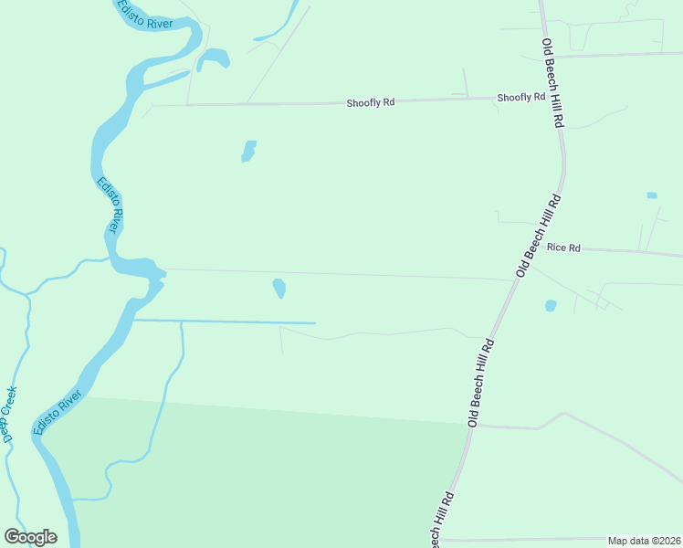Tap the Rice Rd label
563,247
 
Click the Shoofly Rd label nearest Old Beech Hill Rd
520,97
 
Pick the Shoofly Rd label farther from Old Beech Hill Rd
370,103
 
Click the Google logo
30,537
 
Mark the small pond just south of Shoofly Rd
247,151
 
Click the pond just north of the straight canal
278,289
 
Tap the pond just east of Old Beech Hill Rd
550,306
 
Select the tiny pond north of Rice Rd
651,195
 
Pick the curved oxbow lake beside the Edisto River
214,58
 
